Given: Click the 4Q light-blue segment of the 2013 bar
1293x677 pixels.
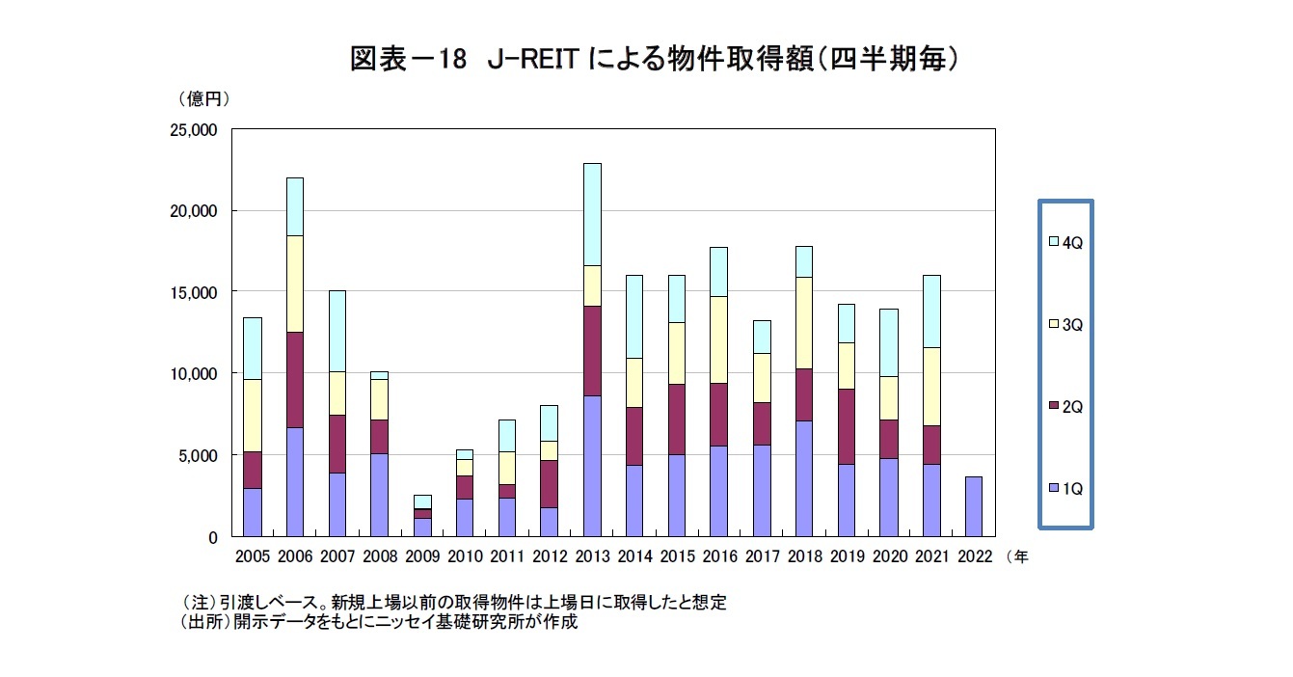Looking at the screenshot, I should pyautogui.click(x=592, y=214).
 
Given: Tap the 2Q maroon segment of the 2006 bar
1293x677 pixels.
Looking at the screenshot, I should pyautogui.click(x=294, y=379).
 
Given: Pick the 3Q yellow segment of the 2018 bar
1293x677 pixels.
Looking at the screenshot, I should pyautogui.click(x=802, y=323).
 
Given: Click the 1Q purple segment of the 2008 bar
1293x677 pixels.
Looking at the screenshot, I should pyautogui.click(x=380, y=494).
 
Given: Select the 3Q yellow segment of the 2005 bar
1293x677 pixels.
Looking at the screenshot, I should pyautogui.click(x=252, y=415).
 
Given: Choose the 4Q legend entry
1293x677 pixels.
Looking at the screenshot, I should pyautogui.click(x=1065, y=243).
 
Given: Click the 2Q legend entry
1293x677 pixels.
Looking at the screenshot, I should pyautogui.click(x=1065, y=407).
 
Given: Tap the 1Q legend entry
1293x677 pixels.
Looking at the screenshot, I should pyautogui.click(x=1065, y=489).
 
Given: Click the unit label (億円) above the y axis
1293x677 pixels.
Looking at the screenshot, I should pyautogui.click(x=202, y=98).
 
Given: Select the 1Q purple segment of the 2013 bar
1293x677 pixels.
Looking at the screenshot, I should pyautogui.click(x=592, y=465).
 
